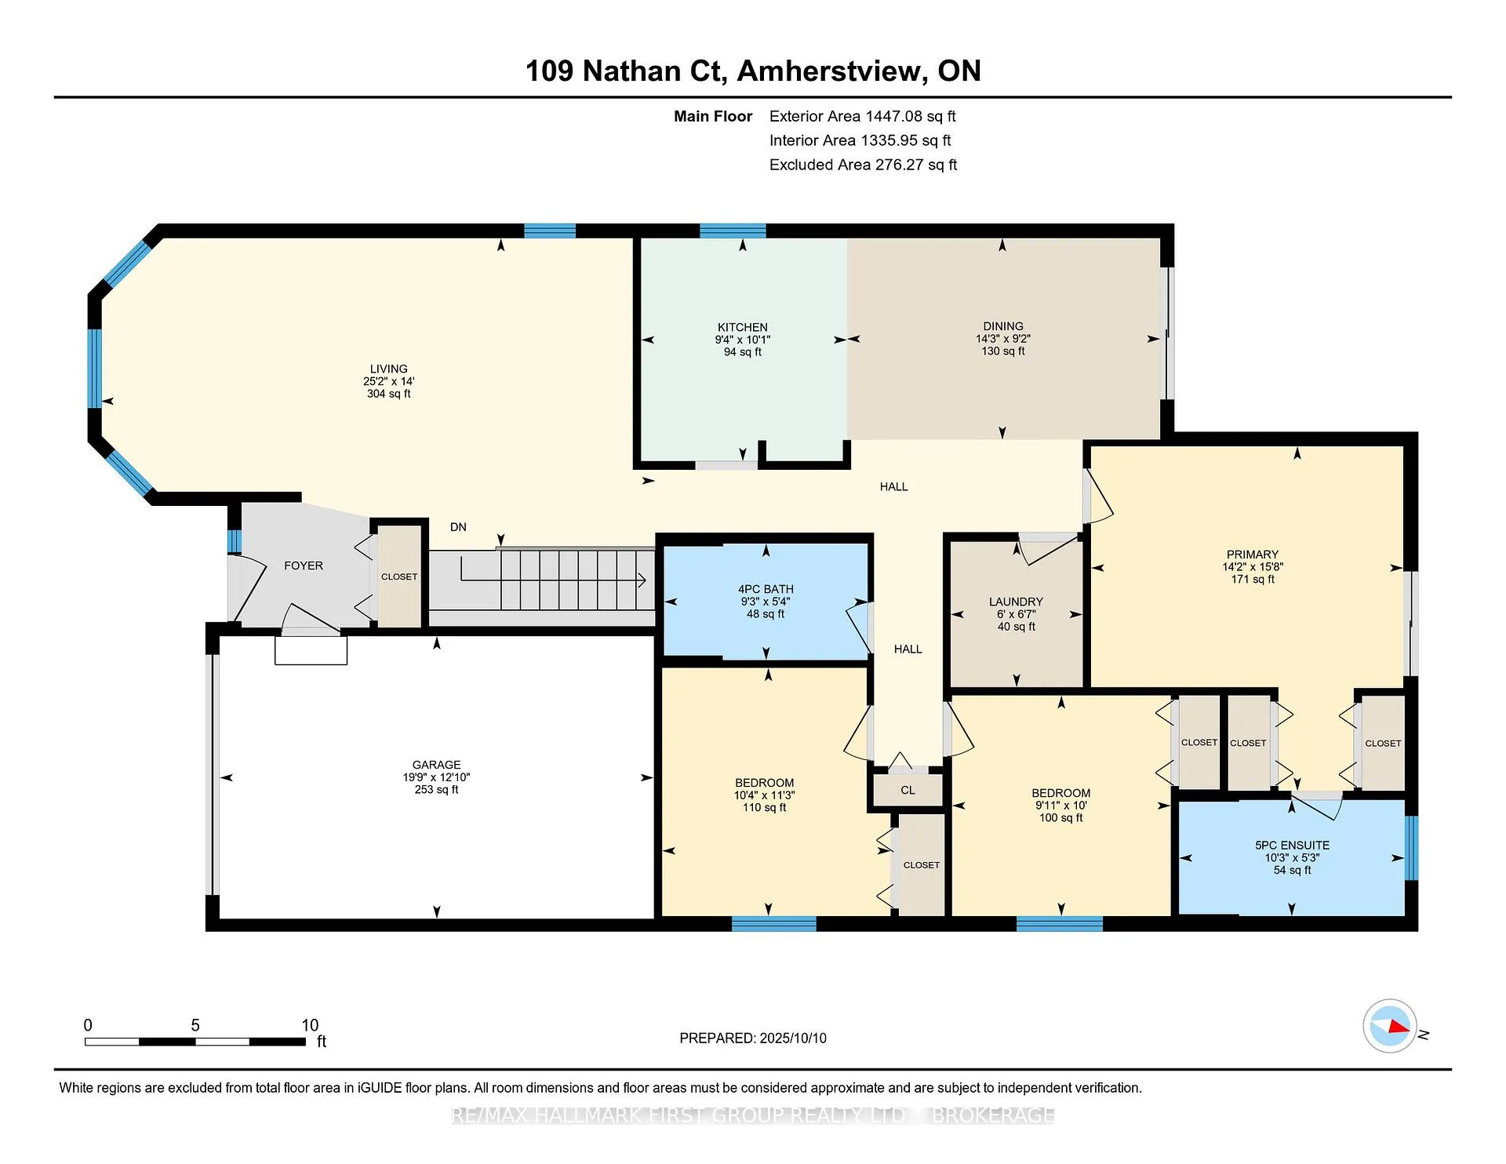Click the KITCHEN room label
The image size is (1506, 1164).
(x=742, y=327)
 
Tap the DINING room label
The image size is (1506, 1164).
(x=1002, y=326)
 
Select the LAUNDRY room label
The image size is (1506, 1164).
(x=1016, y=602)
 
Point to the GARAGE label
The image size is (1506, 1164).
(x=436, y=765)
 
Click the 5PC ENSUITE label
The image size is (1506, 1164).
(x=1292, y=846)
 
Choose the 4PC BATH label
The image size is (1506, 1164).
(x=766, y=589)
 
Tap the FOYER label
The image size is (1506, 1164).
(x=304, y=566)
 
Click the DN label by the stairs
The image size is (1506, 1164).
(x=458, y=527)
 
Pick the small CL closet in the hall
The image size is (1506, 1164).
(x=908, y=790)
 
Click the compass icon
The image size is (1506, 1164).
(x=1390, y=1026)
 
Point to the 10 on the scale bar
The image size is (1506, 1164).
(x=310, y=1025)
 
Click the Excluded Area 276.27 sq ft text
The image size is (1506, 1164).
(x=863, y=165)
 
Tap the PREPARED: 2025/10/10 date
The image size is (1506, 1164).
(x=753, y=1038)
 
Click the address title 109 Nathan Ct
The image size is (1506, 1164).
(x=623, y=71)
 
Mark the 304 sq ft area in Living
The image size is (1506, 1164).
(x=388, y=394)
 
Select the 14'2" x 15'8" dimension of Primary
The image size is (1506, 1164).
(x=1253, y=567)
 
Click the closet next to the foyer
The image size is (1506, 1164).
(x=399, y=575)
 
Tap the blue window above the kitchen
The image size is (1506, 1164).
(x=733, y=231)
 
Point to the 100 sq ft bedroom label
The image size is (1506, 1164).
(x=1060, y=818)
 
